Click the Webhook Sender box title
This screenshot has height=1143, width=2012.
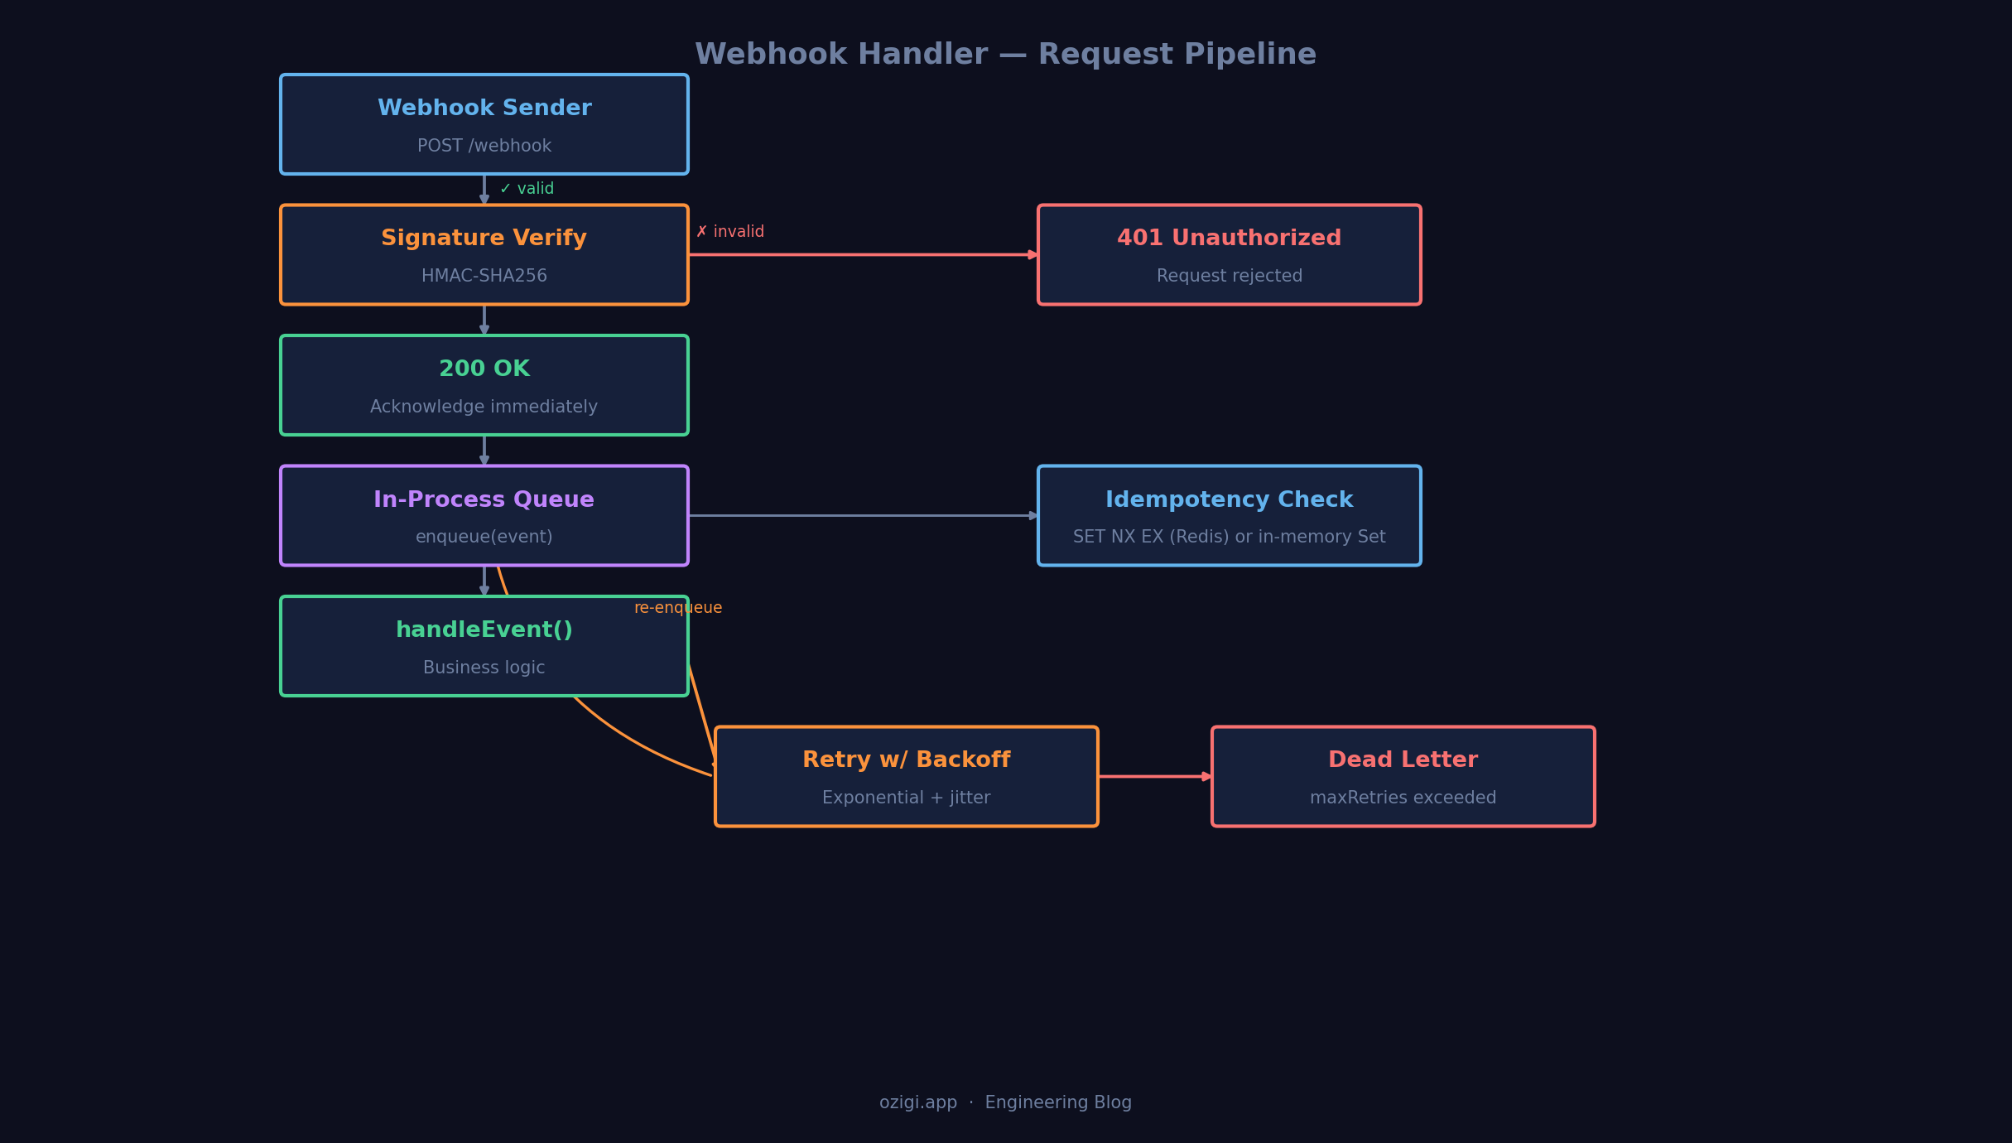[x=484, y=109]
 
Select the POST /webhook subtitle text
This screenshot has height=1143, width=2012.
[x=484, y=146]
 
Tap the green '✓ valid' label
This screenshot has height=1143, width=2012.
[x=527, y=189]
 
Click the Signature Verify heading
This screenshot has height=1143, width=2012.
[x=484, y=239]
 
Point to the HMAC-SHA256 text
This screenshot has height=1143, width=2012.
[x=484, y=276]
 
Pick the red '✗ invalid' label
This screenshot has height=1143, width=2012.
[x=730, y=232]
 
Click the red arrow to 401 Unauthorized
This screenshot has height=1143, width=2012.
[x=861, y=255]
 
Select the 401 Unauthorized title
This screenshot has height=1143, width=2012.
[x=1229, y=239]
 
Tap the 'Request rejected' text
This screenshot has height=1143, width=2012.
[x=1229, y=276]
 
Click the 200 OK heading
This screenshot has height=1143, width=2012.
[x=484, y=369]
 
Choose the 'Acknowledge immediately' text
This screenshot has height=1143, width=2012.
[x=484, y=407]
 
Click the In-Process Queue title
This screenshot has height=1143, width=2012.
[x=484, y=499]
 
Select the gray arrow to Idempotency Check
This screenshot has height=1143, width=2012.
[x=861, y=515]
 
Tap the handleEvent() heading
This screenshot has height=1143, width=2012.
[x=484, y=630]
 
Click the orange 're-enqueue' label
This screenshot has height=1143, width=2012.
[x=678, y=608]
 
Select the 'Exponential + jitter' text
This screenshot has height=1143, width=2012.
[x=906, y=798]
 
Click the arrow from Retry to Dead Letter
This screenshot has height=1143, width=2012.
[x=1154, y=776]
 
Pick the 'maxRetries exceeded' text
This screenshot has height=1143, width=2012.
[x=1403, y=798]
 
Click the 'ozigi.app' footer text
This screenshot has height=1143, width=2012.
[x=918, y=1102]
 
